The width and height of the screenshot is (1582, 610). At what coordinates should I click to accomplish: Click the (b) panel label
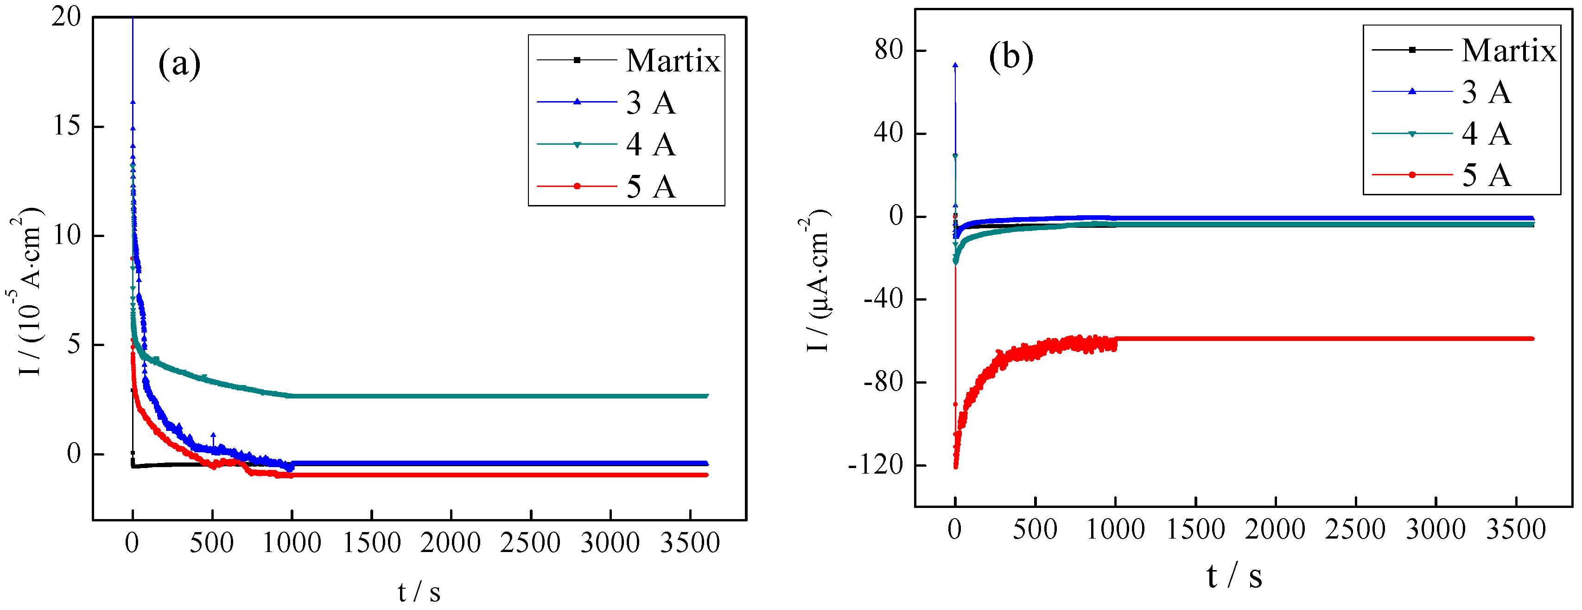1011,57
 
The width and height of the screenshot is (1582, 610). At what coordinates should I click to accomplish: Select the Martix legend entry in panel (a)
673,61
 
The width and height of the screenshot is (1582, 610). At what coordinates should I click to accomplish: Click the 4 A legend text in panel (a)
651,145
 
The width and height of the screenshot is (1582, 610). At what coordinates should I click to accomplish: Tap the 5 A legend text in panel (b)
1486,176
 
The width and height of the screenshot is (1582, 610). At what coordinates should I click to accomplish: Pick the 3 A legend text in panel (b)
1486,93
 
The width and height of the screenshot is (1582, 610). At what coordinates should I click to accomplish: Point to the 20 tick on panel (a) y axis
66,17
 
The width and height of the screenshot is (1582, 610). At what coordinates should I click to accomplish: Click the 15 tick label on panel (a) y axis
66,127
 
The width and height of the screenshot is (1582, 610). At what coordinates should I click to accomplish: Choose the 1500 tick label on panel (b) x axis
1195,530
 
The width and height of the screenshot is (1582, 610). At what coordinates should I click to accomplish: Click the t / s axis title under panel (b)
1234,577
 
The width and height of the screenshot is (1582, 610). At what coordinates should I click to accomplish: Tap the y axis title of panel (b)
817,280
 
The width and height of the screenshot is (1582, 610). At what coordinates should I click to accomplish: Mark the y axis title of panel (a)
28,291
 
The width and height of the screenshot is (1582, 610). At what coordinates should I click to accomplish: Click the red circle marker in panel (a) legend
577,186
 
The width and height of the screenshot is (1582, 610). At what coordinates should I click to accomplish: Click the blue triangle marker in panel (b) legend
1412,91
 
